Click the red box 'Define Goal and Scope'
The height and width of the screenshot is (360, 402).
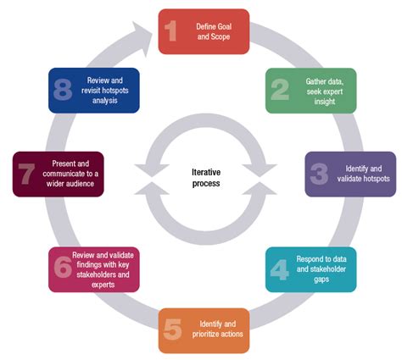click(204, 31)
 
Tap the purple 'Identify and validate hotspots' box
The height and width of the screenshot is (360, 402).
click(349, 174)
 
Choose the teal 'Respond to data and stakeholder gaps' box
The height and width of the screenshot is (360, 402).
click(310, 269)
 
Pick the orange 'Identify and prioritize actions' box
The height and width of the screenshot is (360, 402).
click(204, 330)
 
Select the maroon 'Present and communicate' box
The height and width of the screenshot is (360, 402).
click(59, 174)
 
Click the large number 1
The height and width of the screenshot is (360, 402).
click(171, 31)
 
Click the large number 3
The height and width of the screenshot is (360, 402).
click(318, 174)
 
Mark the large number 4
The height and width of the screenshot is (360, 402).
click(279, 269)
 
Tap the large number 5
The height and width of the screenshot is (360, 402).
click(171, 330)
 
